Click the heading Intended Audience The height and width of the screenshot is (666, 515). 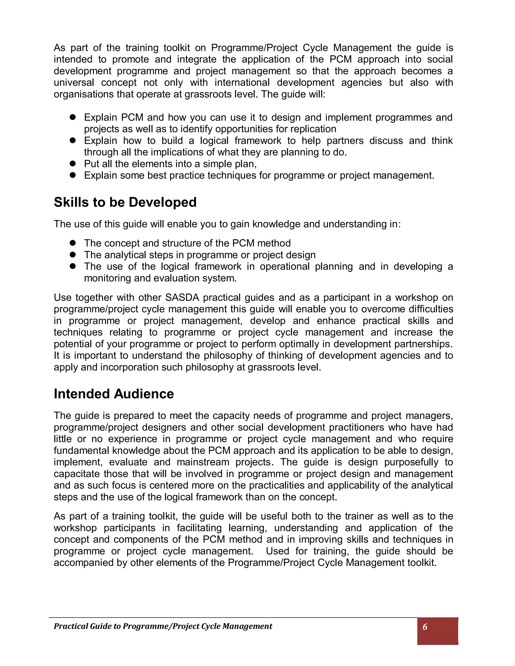pos(114,394)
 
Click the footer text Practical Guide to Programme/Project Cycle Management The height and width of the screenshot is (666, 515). pos(163,626)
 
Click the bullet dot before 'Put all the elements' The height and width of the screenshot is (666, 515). pos(72,164)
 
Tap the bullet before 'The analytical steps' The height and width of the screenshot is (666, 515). pos(72,255)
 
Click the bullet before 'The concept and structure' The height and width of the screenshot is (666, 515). pos(72,243)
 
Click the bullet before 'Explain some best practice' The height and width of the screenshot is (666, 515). pos(72,175)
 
